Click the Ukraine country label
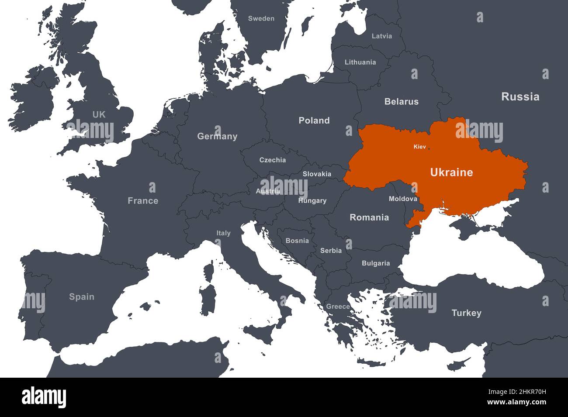point(451,172)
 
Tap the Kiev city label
point(419,147)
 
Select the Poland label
point(314,121)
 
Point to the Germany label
point(217,136)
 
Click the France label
point(143,201)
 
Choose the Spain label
point(82,297)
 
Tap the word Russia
point(520,96)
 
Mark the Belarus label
point(401,102)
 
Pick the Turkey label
point(466,313)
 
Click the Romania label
point(369,217)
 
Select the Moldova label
point(403,199)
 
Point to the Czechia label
point(273,160)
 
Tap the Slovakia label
point(317,174)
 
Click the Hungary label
point(312,200)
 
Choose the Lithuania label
point(360,62)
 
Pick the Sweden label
point(261,18)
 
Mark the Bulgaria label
point(376,263)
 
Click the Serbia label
point(331,251)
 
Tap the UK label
point(99,114)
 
